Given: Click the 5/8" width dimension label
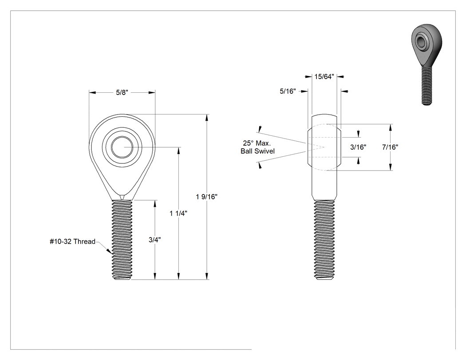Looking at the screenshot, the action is click(x=122, y=92).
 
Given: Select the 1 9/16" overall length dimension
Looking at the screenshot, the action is click(x=207, y=197).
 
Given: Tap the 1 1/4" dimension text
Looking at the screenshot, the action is click(x=178, y=214).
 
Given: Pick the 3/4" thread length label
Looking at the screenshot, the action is click(x=155, y=240).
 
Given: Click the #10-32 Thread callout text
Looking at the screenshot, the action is click(x=72, y=241).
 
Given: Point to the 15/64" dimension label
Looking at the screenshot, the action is click(x=324, y=77).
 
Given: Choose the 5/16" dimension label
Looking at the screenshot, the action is click(x=288, y=91).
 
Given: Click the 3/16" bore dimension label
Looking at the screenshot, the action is click(x=358, y=147).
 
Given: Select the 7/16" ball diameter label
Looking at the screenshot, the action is click(x=390, y=147).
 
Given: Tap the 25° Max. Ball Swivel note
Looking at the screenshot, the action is click(x=257, y=147).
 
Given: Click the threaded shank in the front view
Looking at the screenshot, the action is click(x=122, y=240).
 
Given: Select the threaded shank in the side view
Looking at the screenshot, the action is click(x=324, y=240).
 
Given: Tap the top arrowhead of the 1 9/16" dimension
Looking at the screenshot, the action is click(x=207, y=117).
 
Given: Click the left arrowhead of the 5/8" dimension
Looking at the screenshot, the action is click(x=92, y=92).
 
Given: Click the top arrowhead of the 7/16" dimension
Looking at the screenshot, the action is click(x=390, y=127).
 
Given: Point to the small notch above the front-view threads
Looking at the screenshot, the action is click(x=122, y=198).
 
